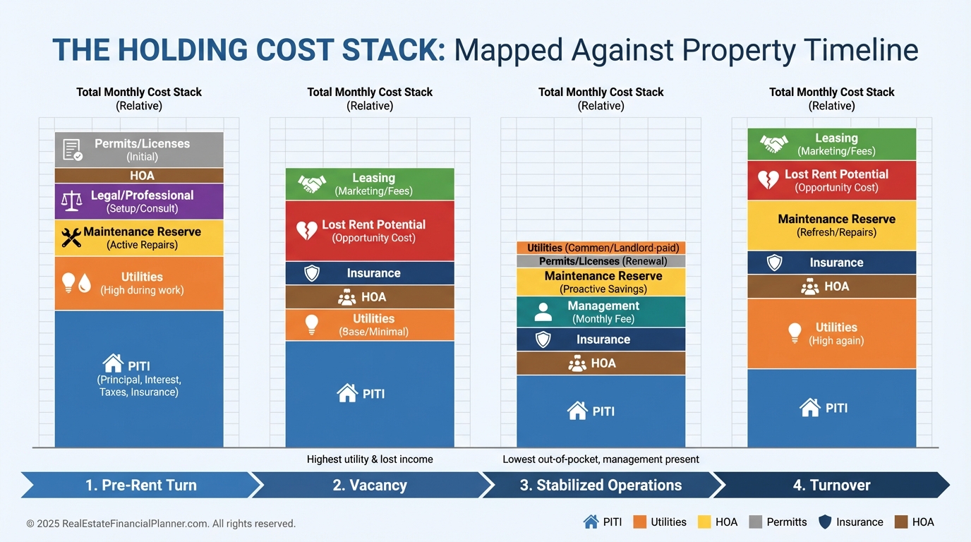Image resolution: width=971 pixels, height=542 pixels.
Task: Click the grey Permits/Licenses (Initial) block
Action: pyautogui.click(x=139, y=150)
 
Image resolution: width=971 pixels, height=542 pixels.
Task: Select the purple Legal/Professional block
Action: pyautogui.click(x=139, y=202)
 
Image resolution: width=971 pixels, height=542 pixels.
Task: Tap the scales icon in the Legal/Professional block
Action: pyautogui.click(x=71, y=202)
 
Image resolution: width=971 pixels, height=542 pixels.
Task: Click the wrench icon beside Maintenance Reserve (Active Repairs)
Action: pyautogui.click(x=71, y=238)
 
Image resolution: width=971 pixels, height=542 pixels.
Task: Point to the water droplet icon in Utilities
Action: pyautogui.click(x=85, y=284)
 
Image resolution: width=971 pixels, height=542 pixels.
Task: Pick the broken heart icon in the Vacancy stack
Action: pyautogui.click(x=307, y=231)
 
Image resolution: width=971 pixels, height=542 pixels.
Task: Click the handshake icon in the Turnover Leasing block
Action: pyautogui.click(x=773, y=144)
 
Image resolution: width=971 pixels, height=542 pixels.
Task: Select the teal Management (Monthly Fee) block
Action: pyautogui.click(x=601, y=312)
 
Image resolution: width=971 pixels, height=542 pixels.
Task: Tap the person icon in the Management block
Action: pyautogui.click(x=543, y=312)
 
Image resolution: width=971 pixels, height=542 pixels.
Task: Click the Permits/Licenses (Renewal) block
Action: pyautogui.click(x=601, y=261)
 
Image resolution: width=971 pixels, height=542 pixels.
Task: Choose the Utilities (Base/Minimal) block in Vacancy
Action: pyautogui.click(x=370, y=325)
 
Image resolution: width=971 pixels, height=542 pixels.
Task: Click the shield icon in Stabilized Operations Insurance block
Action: pyautogui.click(x=543, y=339)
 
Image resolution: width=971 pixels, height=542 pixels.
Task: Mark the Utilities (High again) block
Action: pyautogui.click(x=831, y=334)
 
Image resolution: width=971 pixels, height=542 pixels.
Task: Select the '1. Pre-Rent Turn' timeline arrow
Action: pyautogui.click(x=141, y=485)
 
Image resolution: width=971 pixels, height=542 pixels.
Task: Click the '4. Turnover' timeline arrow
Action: pyautogui.click(x=831, y=485)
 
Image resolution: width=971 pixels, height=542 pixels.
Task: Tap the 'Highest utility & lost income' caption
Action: pyautogui.click(x=370, y=459)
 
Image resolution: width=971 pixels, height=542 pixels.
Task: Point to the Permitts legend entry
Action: pyautogui.click(x=778, y=522)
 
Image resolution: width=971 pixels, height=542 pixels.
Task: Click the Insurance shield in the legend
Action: pyautogui.click(x=825, y=522)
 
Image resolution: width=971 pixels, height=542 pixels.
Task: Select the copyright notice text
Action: pyautogui.click(x=161, y=524)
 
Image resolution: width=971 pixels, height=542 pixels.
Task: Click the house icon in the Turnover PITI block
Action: pyautogui.click(x=809, y=408)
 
